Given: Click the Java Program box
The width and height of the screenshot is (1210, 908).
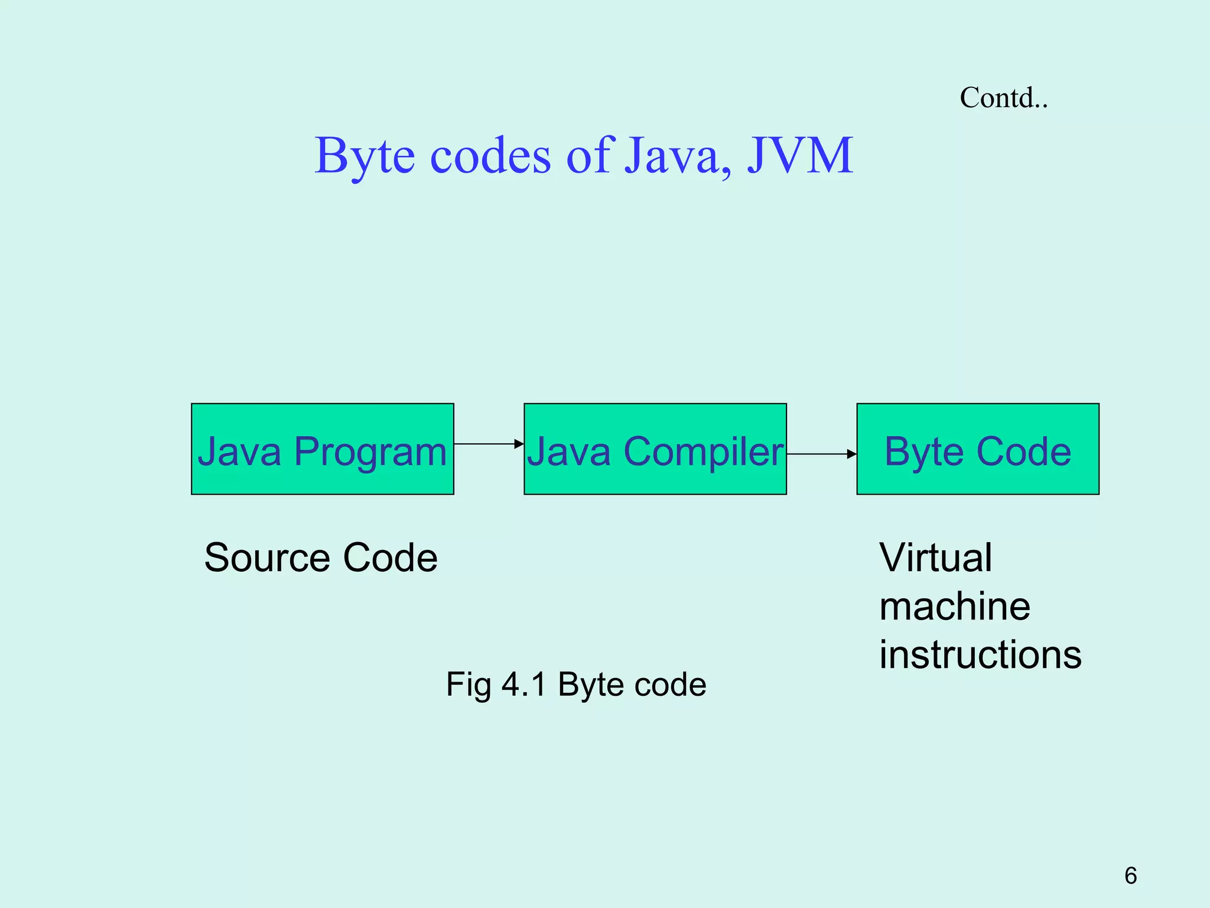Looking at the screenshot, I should tap(322, 449).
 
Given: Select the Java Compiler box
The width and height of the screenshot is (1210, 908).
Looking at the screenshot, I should tap(655, 449).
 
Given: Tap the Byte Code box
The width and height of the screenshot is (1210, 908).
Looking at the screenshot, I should tap(977, 449).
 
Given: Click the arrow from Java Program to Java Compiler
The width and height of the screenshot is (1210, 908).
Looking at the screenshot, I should tap(489, 443).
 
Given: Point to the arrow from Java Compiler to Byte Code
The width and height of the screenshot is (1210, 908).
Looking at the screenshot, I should tap(821, 454).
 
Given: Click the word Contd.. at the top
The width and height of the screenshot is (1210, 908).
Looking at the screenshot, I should tap(1003, 98).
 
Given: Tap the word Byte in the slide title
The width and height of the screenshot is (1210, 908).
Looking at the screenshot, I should tap(365, 156).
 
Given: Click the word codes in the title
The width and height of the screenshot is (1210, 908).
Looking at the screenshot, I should tap(490, 156).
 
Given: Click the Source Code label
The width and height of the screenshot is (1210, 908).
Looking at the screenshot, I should tap(321, 557).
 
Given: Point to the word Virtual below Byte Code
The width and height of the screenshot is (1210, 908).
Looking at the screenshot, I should tap(935, 557).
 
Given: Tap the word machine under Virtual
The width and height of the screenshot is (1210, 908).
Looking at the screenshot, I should tap(954, 607).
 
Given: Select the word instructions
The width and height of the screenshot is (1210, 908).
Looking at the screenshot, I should tap(980, 655).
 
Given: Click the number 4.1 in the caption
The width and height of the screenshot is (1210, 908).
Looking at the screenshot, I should tap(523, 685).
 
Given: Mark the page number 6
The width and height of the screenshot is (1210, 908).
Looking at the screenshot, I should tap(1130, 875).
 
